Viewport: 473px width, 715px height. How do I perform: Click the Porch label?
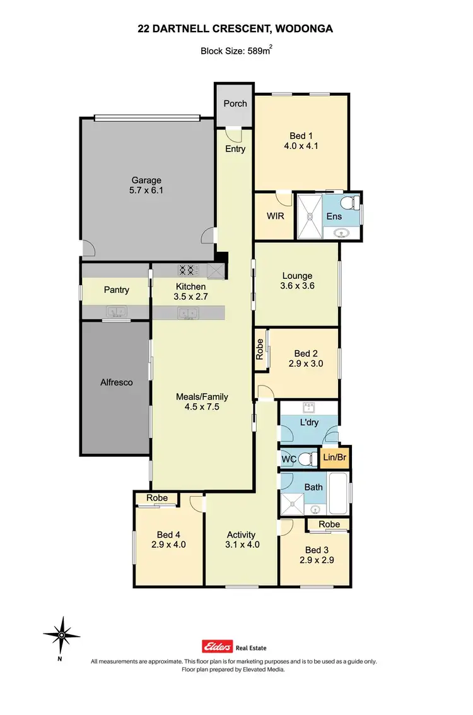(x=235, y=103)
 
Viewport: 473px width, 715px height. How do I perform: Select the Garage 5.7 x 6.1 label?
(x=146, y=186)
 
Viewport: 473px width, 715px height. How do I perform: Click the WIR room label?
(x=275, y=216)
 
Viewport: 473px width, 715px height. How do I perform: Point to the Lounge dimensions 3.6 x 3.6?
(x=297, y=286)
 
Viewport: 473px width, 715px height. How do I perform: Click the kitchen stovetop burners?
(x=186, y=270)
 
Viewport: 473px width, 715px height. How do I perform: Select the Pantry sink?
(x=115, y=311)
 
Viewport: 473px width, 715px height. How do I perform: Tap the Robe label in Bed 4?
(x=157, y=498)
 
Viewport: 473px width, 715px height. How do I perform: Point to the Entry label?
(x=235, y=149)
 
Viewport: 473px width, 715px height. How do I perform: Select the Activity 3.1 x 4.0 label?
(x=243, y=539)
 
